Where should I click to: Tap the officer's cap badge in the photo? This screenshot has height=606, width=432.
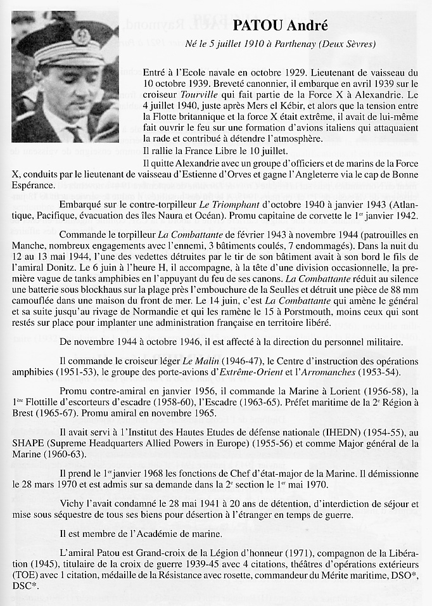pos(82,35)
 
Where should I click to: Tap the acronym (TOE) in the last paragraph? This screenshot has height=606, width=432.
pos(27,577)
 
